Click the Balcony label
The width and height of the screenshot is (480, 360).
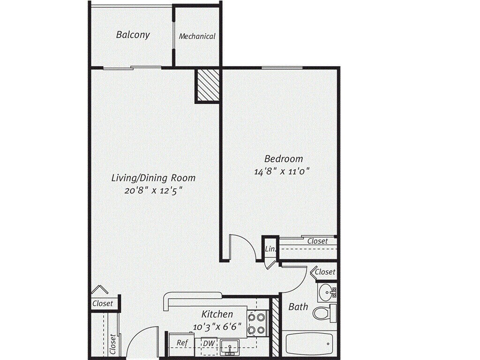coord(133,35)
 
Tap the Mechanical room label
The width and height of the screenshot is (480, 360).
coord(197,36)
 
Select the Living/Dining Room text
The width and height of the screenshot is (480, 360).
coord(153,178)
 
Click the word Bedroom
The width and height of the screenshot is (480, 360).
coord(283,159)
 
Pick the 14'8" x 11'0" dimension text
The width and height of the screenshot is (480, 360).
coord(282,172)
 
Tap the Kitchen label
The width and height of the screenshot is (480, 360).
coord(217,314)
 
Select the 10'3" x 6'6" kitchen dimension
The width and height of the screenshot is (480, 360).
coord(217,325)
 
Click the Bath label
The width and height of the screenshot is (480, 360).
coord(298,307)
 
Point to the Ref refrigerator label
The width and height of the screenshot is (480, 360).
coord(182,343)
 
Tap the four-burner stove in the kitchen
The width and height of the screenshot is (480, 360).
coord(256,323)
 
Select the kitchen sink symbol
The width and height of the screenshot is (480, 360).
coord(230,347)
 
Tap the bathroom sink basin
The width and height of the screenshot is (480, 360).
coord(326,293)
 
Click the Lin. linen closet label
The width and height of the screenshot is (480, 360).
coord(270,249)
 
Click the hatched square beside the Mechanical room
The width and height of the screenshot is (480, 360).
coord(208,85)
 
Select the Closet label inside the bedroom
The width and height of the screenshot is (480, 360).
coord(317,241)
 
